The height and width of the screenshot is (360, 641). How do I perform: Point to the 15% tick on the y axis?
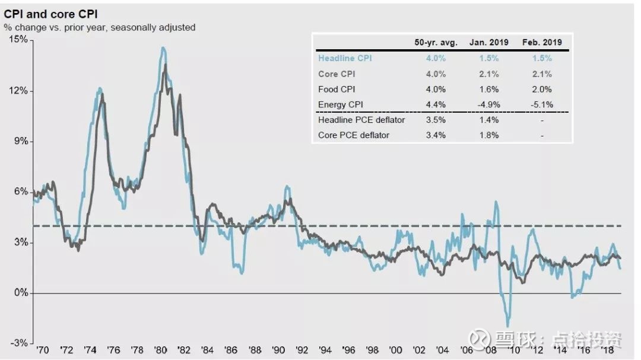[18, 39]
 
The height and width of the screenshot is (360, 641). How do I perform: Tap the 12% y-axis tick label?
[18, 90]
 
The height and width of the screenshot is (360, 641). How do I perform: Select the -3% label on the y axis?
[18, 344]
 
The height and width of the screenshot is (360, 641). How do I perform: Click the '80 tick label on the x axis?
[160, 351]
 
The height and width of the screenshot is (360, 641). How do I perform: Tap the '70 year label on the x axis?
[42, 351]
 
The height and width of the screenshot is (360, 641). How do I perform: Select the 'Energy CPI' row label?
[340, 104]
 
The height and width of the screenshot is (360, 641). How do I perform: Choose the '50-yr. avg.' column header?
[436, 42]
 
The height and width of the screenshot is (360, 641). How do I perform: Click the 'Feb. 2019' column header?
[541, 42]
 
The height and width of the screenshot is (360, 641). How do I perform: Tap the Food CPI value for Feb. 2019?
[541, 89]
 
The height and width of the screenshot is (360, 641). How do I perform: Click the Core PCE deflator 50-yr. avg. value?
[436, 135]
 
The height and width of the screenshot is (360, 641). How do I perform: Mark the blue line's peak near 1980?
[163, 48]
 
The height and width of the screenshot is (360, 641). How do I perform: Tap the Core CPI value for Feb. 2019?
[541, 74]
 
